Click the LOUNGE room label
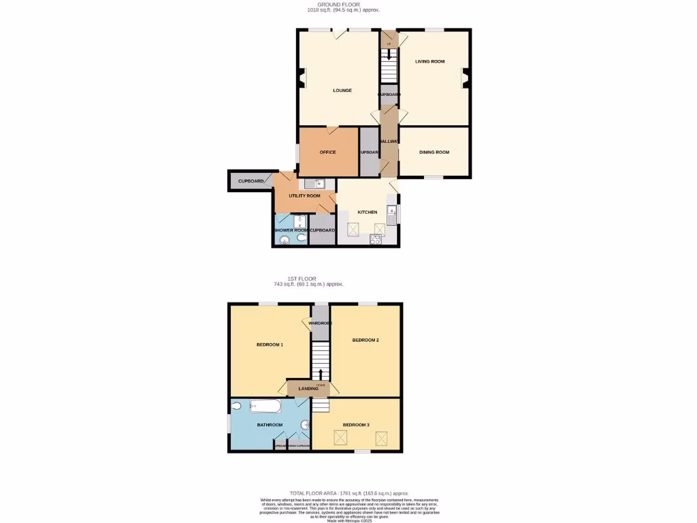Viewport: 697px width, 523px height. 342,91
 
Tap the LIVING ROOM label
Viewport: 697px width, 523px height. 430,62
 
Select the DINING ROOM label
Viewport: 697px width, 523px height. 434,152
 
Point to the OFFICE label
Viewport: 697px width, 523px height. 327,152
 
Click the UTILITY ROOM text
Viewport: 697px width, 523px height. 304,196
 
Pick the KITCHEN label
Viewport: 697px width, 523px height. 368,212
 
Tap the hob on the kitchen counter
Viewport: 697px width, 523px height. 375,238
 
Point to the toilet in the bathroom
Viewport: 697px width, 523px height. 236,406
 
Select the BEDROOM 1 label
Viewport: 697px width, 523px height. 270,345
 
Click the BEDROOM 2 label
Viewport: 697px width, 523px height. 366,340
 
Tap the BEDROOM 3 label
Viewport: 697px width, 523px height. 356,425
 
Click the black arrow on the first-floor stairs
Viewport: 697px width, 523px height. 321,373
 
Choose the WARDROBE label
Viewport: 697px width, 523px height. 320,323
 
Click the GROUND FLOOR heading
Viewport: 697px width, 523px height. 334,5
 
